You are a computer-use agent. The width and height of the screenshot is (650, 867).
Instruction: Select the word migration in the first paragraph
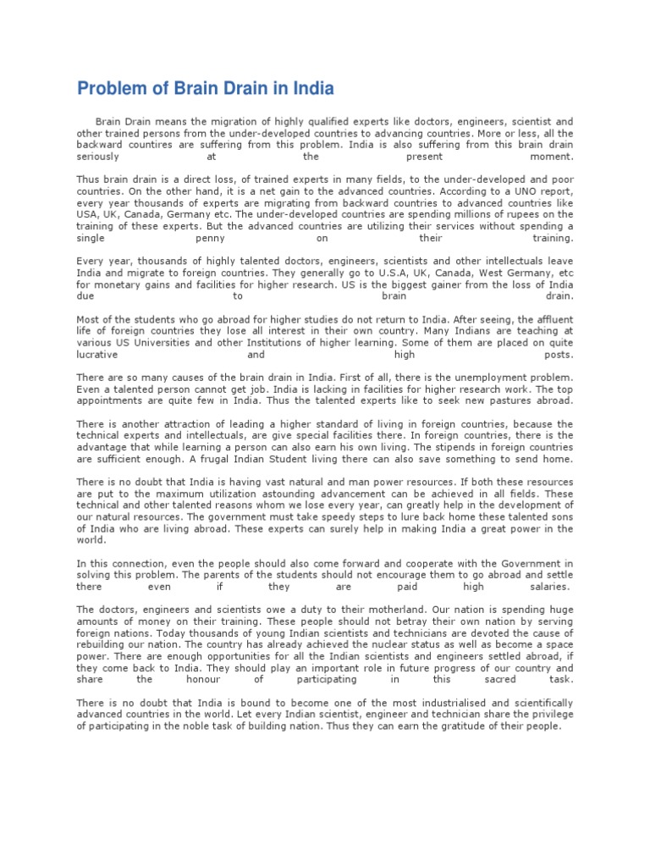pyautogui.click(x=216, y=122)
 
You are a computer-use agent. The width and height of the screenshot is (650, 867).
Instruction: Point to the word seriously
pyautogui.click(x=98, y=157)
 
